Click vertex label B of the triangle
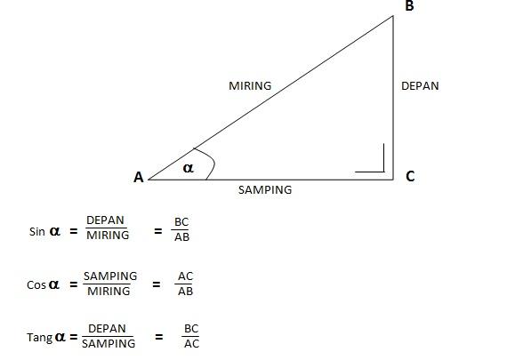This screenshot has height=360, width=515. pos(409,6)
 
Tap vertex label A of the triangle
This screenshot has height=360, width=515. pos(139,177)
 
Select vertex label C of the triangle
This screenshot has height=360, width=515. pos(410,176)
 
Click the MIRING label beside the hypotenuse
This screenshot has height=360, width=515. pos(250,86)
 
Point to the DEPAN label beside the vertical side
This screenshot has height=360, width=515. pos(420,86)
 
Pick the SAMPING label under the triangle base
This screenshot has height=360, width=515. pos(265,189)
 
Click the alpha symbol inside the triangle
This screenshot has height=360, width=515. pos(189,168)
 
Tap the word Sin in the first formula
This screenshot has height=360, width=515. pos(36,232)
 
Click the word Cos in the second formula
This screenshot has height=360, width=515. pos(36,284)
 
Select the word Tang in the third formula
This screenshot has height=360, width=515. pos(39,338)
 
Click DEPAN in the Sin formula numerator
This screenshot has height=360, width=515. pos(105,220)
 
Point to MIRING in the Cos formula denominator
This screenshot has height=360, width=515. pos(109,291)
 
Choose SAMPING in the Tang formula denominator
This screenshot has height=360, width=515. pos(109,344)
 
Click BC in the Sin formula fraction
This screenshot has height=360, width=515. pos(181,222)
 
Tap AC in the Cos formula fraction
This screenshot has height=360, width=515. pos(185,276)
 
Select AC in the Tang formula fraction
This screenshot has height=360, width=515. pos(191,344)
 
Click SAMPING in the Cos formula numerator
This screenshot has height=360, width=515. pos(110,276)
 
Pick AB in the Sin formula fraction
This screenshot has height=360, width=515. pos(182,237)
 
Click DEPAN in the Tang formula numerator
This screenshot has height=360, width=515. pos(107,329)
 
